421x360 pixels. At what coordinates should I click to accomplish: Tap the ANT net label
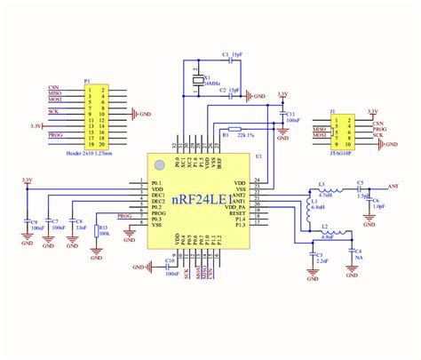pyautogui.click(x=394, y=186)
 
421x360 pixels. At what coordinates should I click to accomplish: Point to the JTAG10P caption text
pyautogui.click(x=340, y=152)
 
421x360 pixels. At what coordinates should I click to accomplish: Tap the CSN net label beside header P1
pyautogui.click(x=54, y=88)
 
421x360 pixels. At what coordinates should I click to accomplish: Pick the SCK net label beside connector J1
pyautogui.click(x=379, y=136)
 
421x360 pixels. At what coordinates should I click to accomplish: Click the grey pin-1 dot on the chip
pyautogui.click(x=161, y=164)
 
